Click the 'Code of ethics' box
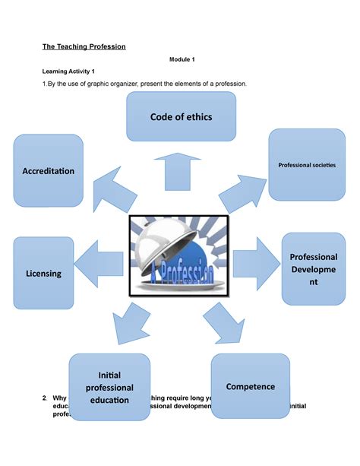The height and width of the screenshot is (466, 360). click(181, 116)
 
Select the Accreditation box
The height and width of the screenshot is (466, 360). click(48, 170)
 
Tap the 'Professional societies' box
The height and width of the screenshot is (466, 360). click(307, 164)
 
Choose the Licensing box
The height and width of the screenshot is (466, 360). click(43, 272)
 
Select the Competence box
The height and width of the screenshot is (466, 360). click(250, 386)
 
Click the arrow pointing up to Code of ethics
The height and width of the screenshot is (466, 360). click(180, 170)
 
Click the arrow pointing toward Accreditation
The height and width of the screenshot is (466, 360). click(115, 191)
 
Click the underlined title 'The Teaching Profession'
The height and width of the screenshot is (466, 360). click(84, 46)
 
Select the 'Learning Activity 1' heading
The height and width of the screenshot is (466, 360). click(68, 71)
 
